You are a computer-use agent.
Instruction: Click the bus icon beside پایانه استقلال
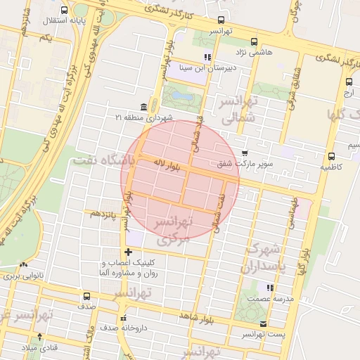65,11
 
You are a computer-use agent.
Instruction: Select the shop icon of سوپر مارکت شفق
245,153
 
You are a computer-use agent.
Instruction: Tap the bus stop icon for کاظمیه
330,156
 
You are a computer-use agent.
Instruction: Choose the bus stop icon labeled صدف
86,296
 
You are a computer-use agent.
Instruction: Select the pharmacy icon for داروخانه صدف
124,316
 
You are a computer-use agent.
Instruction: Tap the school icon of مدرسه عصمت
269,287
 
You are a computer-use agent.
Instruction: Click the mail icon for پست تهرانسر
263,324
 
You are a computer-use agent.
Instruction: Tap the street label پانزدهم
99,212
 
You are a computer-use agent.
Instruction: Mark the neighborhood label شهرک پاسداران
264,259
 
